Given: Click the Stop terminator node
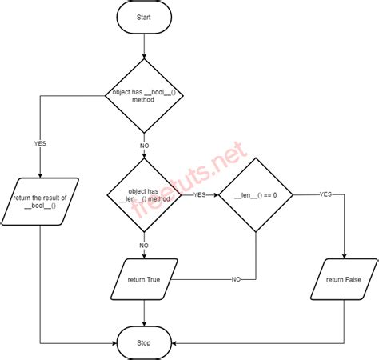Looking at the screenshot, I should [145, 343].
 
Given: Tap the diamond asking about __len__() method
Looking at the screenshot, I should [145, 194].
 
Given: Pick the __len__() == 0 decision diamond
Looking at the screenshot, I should [256, 194].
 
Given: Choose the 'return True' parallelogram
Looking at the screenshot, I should [145, 280].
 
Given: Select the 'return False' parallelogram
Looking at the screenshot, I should [344, 280].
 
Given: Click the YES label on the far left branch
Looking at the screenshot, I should [40, 144].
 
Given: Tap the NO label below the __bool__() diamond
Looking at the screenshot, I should [145, 146].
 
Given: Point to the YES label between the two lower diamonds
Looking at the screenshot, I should [200, 194].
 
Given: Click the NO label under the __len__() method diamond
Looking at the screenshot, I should [145, 246].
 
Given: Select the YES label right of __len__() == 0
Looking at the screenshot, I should [325, 194].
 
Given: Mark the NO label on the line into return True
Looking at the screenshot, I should [237, 279].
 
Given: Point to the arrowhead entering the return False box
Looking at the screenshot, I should [344, 256].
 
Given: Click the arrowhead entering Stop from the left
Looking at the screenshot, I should [117, 343].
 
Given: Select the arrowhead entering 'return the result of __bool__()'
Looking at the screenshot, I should [40, 175].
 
